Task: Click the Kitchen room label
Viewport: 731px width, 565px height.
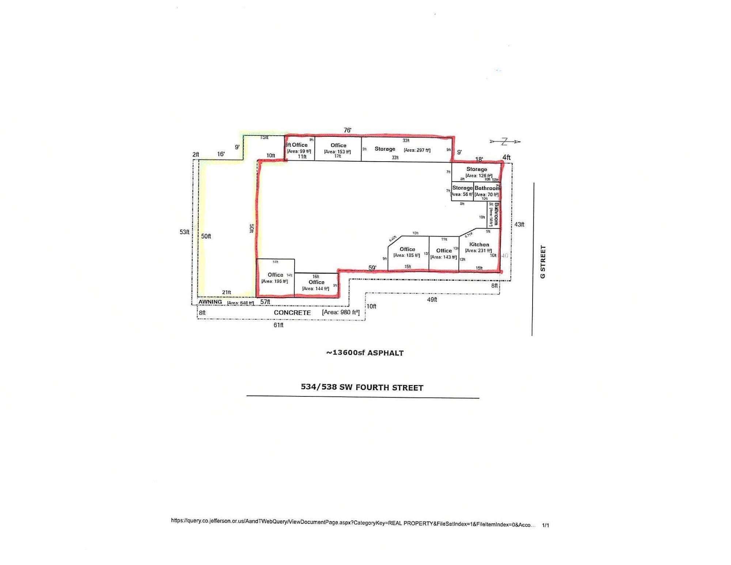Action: [x=479, y=245]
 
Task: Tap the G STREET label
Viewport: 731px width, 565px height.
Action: [x=543, y=261]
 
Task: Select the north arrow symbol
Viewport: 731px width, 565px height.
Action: [x=505, y=142]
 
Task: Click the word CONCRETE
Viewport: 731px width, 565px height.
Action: [x=292, y=313]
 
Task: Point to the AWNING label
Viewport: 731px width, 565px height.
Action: [x=210, y=302]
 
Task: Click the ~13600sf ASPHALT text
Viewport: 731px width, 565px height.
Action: [x=365, y=353]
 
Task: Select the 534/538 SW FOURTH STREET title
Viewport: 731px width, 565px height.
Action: [x=362, y=387]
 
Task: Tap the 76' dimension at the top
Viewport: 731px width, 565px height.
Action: [x=347, y=130]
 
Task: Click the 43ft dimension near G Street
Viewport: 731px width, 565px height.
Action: [x=519, y=225]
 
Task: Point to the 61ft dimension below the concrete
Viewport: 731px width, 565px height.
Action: [x=278, y=325]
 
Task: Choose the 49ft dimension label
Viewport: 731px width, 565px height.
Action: [x=432, y=300]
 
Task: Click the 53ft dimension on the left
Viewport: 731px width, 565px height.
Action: [x=185, y=232]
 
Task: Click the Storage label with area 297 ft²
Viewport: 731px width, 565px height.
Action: [x=385, y=149]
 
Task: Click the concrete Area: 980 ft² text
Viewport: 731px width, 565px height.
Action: [x=341, y=312]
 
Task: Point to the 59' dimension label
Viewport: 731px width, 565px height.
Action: [x=372, y=268]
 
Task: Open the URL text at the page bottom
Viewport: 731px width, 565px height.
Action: [x=353, y=523]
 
